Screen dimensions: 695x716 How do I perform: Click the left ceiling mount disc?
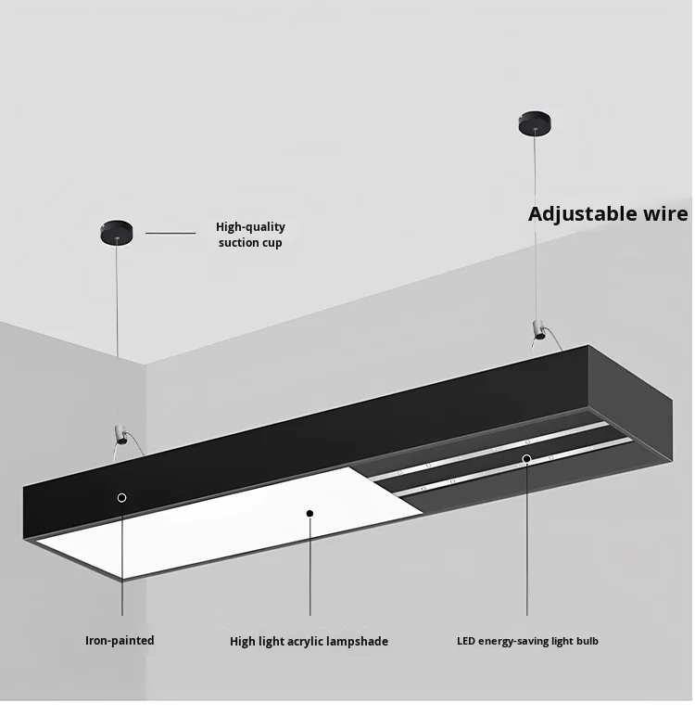(x=117, y=230)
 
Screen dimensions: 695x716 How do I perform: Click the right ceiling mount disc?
(x=535, y=121)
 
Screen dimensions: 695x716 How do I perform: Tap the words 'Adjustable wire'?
(x=608, y=214)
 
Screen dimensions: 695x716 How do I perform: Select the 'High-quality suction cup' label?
(x=250, y=235)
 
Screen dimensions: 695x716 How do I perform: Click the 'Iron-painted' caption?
(x=120, y=640)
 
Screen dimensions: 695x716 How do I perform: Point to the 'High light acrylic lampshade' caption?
(x=309, y=641)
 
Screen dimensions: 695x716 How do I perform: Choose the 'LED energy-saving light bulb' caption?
(x=527, y=640)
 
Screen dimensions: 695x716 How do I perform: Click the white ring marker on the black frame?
(x=121, y=497)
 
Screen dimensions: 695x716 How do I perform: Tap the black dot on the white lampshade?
(x=310, y=513)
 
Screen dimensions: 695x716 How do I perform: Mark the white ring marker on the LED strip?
(x=526, y=458)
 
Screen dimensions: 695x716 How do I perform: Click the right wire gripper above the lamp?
(x=536, y=328)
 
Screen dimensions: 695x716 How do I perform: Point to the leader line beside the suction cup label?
(x=171, y=233)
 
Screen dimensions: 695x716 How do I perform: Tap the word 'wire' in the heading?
(x=665, y=214)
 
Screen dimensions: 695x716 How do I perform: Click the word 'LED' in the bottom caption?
(x=466, y=640)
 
